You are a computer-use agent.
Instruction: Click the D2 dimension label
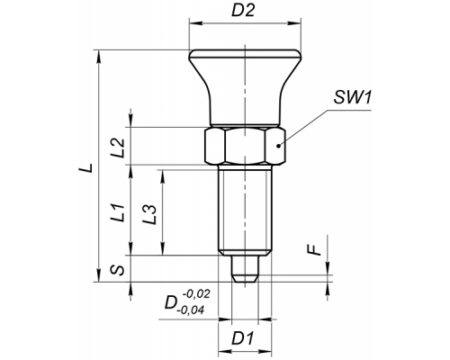click(243, 11)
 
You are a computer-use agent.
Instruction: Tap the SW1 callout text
click(353, 98)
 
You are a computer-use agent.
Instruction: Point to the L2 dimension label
click(118, 148)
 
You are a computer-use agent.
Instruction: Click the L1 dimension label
click(118, 212)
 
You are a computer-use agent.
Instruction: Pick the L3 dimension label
click(149, 215)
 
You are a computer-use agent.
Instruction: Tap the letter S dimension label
click(117, 270)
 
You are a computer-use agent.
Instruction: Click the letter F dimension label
click(315, 250)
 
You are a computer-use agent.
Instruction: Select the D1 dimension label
click(243, 338)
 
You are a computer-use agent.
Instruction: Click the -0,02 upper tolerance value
click(196, 294)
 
